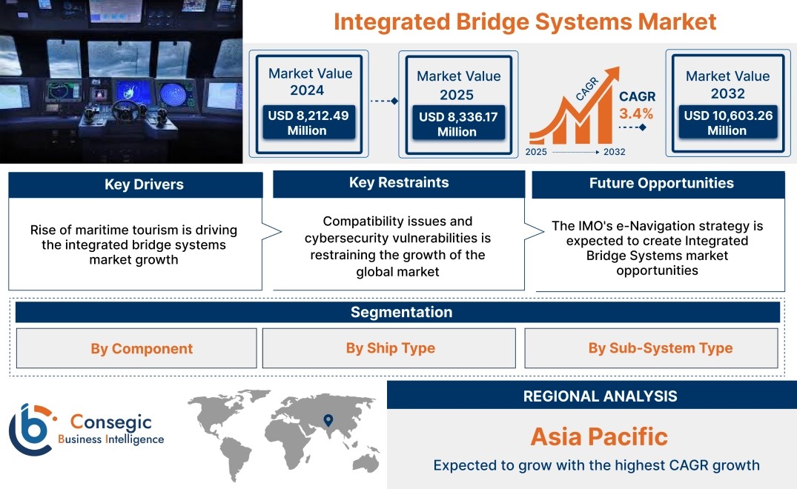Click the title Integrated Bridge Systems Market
525,22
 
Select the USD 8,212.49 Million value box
308,122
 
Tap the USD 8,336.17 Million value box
458,124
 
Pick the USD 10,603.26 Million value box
728,122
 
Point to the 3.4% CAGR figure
636,113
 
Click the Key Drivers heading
144,184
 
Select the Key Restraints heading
399,182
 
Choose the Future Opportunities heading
661,183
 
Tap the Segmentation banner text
402,312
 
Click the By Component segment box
136,348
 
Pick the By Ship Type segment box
388,347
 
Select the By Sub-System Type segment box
651,347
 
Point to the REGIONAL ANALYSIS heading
601,396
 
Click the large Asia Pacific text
599,436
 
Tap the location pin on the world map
328,420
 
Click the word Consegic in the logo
110,422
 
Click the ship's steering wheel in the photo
125,110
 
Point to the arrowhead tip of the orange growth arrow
619,67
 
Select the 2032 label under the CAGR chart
614,152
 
